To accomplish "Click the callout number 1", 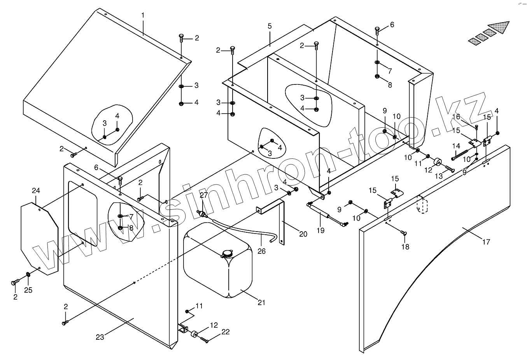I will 143,15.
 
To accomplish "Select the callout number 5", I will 270,26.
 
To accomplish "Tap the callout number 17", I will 486,242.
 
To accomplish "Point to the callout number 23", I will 100,337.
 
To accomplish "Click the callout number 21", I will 261,302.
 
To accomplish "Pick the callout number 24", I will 36,191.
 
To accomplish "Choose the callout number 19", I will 320,230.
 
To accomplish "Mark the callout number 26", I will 261,251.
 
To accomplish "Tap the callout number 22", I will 225,332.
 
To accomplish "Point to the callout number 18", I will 405,247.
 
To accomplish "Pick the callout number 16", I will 456,117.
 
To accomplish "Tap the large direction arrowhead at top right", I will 499,27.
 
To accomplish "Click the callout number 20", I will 303,234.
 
